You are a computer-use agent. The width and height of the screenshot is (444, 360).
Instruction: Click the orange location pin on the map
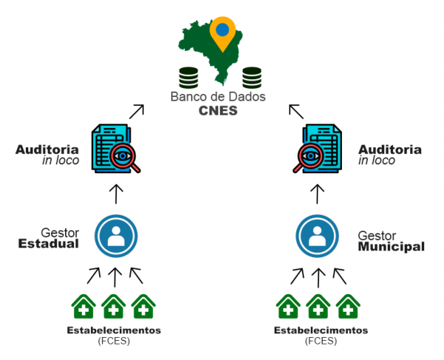click(222, 30)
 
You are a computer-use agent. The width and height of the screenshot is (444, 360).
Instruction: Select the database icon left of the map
click(188, 76)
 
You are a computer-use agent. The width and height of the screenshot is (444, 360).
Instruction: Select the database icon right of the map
click(252, 76)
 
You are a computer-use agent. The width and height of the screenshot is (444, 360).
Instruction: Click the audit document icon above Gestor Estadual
click(115, 149)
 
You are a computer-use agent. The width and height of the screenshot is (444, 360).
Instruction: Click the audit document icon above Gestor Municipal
click(317, 149)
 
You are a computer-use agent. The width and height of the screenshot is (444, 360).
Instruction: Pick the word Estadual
click(48, 244)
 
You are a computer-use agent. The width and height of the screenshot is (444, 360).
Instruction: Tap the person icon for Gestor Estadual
click(115, 236)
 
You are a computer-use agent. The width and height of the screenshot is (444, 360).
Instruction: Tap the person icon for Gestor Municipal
click(317, 236)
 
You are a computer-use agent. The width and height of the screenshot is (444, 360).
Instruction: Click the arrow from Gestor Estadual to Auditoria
click(115, 194)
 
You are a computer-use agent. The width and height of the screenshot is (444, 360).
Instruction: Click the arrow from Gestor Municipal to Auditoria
click(317, 194)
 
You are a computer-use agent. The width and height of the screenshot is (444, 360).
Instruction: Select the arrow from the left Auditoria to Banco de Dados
click(136, 111)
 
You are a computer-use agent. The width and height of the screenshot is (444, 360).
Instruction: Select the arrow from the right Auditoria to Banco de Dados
click(296, 111)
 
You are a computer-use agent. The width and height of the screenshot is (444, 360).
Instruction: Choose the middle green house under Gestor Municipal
click(318, 306)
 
